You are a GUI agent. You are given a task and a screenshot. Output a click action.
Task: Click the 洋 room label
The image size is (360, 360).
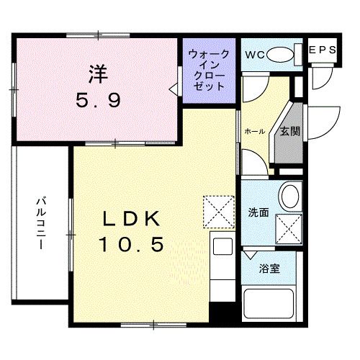pyautogui.click(x=99, y=72)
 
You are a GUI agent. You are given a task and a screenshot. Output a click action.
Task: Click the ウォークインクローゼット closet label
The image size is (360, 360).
pyautogui.click(x=209, y=70)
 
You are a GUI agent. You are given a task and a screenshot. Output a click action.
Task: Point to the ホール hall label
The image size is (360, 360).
pyautogui.click(x=254, y=132)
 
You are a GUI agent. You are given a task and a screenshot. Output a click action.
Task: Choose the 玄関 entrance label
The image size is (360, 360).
pyautogui.click(x=290, y=131)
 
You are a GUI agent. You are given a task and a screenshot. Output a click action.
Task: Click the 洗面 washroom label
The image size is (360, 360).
pyautogui.click(x=258, y=213)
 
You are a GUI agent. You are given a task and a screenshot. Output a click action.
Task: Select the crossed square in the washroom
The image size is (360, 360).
pyautogui.click(x=291, y=228)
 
